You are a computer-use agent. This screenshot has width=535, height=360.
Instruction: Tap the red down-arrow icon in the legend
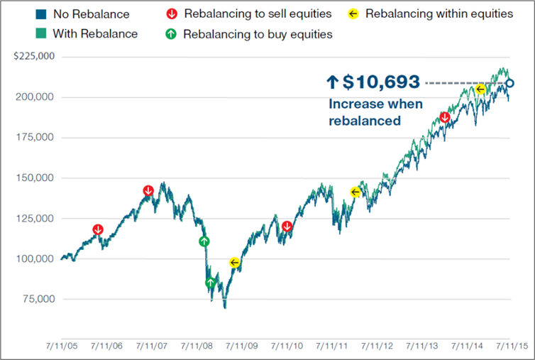click(171, 14)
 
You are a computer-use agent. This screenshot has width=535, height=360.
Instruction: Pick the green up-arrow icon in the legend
click(171, 33)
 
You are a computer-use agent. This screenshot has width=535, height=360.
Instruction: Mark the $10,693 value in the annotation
click(382, 83)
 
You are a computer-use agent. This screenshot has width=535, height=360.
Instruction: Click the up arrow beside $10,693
click(333, 83)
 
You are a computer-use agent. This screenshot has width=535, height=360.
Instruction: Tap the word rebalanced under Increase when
click(364, 121)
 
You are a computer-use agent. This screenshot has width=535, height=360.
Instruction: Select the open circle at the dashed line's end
click(509, 84)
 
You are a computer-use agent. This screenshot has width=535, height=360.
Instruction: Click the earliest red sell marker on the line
click(98, 229)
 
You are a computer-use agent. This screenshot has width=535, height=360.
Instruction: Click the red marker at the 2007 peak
click(148, 191)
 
